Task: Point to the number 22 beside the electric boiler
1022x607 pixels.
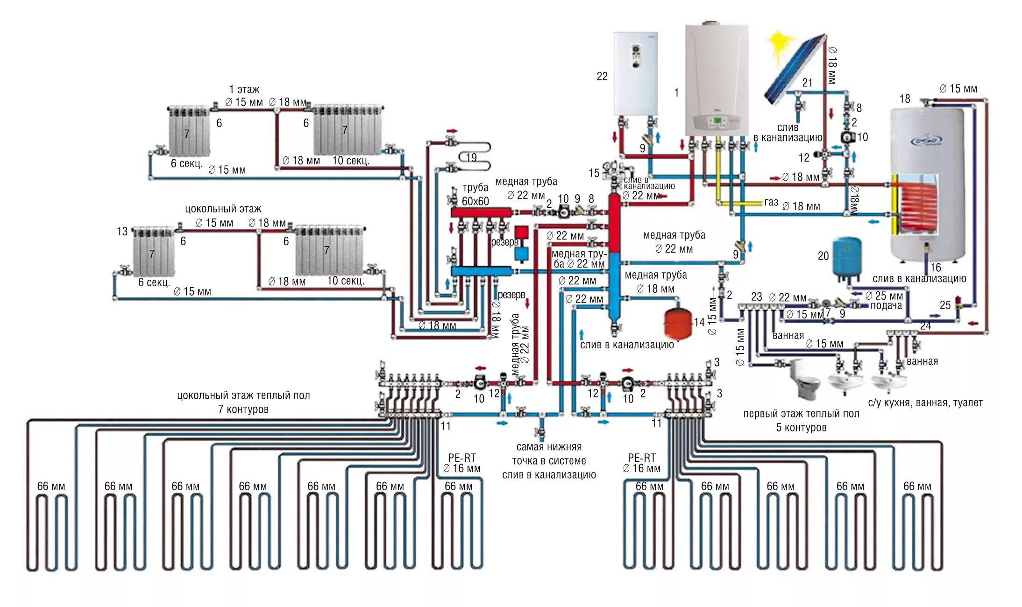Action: point(602,76)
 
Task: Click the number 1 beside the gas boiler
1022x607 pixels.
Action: point(676,93)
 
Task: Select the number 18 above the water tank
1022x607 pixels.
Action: point(905,99)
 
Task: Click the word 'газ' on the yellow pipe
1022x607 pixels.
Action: point(771,202)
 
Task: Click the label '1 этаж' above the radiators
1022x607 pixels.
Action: point(244,89)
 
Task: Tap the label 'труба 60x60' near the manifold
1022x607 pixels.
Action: point(475,194)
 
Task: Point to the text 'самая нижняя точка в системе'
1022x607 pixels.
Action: point(549,454)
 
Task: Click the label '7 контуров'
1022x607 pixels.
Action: point(243,409)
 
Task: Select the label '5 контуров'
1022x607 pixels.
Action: point(801,427)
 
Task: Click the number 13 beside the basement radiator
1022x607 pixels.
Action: point(122,232)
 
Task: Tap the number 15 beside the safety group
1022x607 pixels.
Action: point(594,173)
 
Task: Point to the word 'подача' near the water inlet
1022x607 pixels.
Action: point(886,306)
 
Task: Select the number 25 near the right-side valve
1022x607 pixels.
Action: point(945,305)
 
